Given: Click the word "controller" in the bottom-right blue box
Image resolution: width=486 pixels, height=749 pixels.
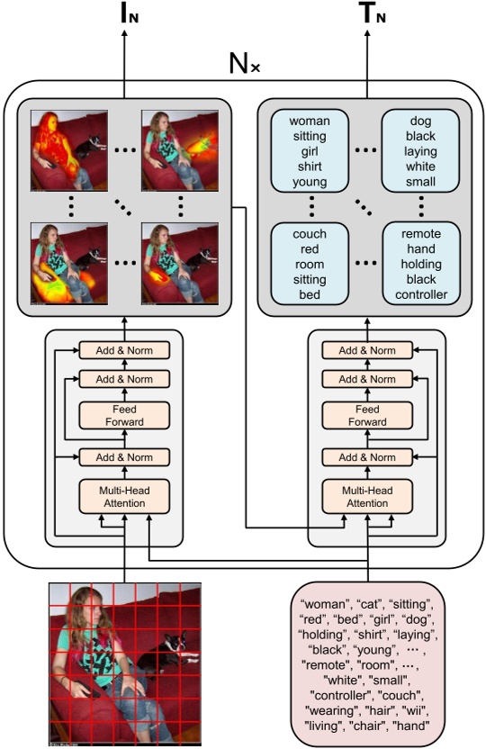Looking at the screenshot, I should click(420, 294).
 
